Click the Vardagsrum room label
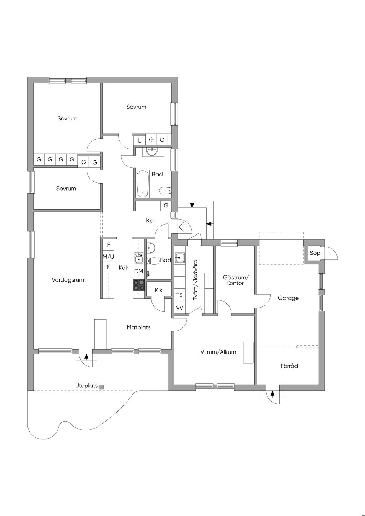[x=68, y=280]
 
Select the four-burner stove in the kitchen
[x=139, y=285]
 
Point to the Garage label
[x=288, y=298]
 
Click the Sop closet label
[x=315, y=253]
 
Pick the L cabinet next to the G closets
[x=139, y=140]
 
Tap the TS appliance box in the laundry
[x=180, y=295]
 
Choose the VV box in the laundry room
[x=180, y=308]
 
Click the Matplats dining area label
[x=139, y=327]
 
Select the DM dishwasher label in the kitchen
[x=139, y=271]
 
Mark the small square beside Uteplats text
[x=101, y=387]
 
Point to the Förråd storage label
[x=289, y=366]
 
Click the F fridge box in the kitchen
[x=108, y=245]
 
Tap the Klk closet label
[x=159, y=290]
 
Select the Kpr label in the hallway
[x=151, y=221]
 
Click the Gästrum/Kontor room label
[x=235, y=280]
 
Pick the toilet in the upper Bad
[x=165, y=191]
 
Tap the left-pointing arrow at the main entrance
[x=182, y=227]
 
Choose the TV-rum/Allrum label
[x=217, y=352]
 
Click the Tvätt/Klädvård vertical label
[x=195, y=280]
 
